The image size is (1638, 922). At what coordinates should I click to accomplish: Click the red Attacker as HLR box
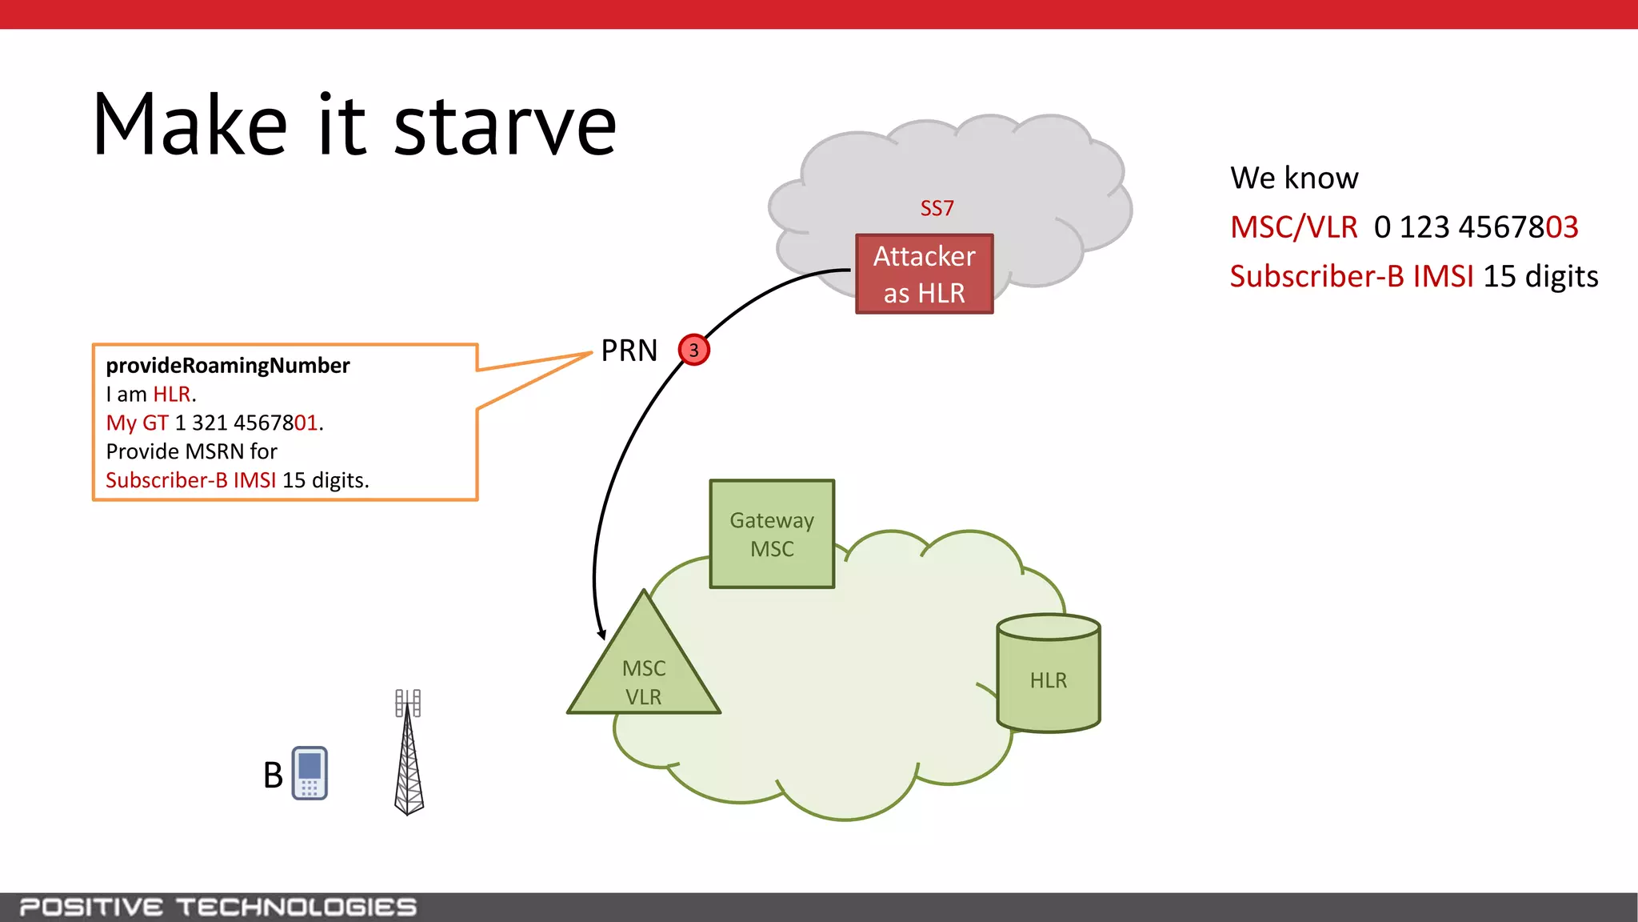click(x=924, y=274)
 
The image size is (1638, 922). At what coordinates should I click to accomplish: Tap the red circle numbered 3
click(x=693, y=350)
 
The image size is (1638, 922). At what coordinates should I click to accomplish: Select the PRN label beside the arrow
click(x=629, y=351)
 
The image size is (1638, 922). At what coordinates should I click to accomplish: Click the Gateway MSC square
click(x=772, y=534)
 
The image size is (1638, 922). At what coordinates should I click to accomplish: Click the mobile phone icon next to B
click(x=310, y=773)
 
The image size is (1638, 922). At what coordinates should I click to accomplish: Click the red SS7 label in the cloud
click(x=937, y=209)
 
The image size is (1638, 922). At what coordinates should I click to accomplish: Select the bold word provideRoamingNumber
click(x=228, y=366)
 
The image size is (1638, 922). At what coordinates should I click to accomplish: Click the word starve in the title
click(x=505, y=126)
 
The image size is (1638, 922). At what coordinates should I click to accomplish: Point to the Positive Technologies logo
click(x=218, y=907)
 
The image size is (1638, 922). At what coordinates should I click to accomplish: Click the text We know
click(x=1294, y=178)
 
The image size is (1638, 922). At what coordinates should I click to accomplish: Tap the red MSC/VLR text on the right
click(x=1293, y=227)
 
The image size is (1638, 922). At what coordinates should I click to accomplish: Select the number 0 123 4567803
click(x=1476, y=227)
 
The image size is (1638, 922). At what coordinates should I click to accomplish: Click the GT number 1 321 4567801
click(x=246, y=423)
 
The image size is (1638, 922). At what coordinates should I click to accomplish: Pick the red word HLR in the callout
click(x=172, y=394)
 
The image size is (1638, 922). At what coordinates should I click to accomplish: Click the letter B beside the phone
click(x=273, y=775)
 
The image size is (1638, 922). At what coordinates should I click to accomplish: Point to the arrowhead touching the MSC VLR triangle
click(x=601, y=634)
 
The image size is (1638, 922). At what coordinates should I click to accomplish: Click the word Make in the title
click(x=190, y=126)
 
